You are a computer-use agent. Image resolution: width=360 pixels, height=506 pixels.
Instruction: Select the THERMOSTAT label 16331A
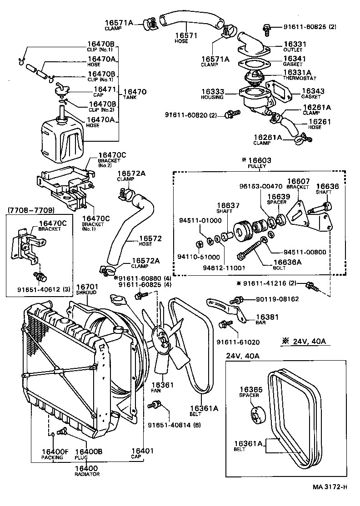[x=297, y=72]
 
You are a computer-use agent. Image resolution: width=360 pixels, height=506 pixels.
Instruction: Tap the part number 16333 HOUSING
[x=213, y=91]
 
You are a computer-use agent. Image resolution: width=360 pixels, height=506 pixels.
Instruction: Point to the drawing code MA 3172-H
[x=330, y=487]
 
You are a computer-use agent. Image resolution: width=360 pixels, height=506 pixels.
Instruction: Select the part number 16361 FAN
[x=162, y=385]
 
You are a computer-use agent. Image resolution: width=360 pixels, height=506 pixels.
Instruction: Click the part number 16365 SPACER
[x=249, y=389]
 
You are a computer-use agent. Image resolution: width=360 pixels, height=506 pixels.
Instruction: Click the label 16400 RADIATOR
[x=86, y=468]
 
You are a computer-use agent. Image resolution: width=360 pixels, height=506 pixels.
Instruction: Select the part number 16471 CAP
[x=105, y=89]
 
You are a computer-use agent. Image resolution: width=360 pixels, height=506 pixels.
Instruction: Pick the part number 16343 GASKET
[x=310, y=91]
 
